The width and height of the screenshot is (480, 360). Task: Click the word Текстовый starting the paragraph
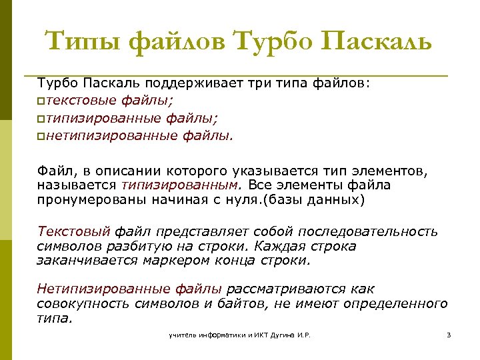[x=74, y=231]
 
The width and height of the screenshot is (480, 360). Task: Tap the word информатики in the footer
[x=215, y=335]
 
